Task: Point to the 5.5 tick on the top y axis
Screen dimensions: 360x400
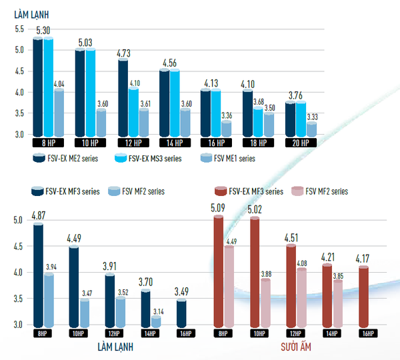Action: (x=18, y=29)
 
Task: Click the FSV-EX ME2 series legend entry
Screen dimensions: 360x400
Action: (x=69, y=159)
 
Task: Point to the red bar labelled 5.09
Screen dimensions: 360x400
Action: (x=218, y=270)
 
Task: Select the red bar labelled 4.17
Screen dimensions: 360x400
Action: (x=363, y=296)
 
